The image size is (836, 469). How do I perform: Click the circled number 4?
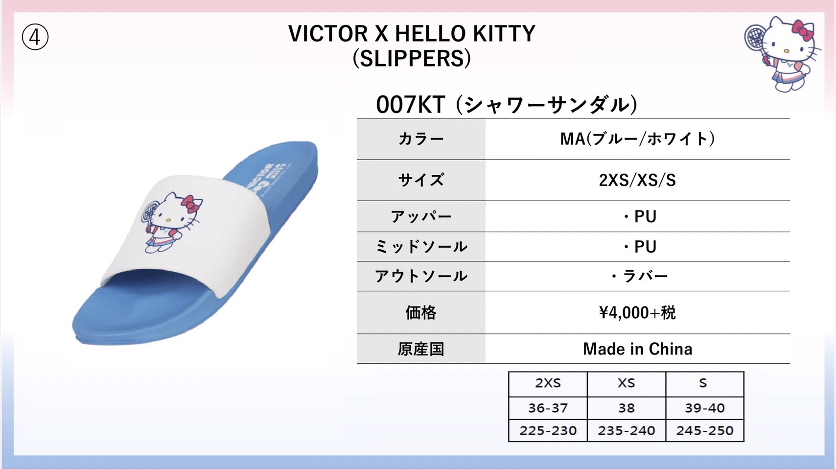35,37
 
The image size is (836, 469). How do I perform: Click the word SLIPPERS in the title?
412,58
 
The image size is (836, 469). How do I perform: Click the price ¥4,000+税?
637,312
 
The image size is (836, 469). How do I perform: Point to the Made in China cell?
637,349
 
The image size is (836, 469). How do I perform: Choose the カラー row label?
421,139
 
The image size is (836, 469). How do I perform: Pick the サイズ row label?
421,180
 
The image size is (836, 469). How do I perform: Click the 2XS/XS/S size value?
637,180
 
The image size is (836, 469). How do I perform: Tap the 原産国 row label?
421,349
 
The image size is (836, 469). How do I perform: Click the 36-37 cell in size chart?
548,408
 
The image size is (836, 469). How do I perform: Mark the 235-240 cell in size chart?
626,430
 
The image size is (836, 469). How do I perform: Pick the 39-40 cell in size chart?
705,408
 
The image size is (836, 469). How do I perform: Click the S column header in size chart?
703,383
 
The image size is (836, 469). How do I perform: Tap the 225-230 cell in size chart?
548,430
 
